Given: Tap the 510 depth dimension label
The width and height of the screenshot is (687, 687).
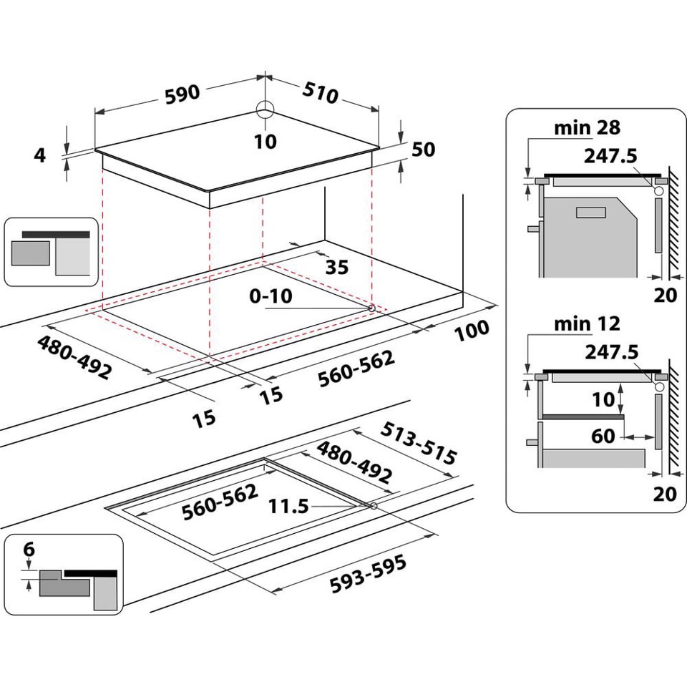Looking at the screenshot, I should pyautogui.click(x=321, y=92).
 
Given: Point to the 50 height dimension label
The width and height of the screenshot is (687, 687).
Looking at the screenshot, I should pyautogui.click(x=423, y=149).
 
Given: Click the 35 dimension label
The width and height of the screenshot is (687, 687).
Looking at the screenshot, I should pyautogui.click(x=336, y=267).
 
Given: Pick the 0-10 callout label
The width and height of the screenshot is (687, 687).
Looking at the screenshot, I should pyautogui.click(x=271, y=296).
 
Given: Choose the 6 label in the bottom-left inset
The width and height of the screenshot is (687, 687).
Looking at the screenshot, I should pyautogui.click(x=29, y=550).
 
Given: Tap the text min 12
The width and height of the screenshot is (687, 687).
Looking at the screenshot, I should pyautogui.click(x=588, y=324).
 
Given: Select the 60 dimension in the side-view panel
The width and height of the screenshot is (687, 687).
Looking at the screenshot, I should pyautogui.click(x=604, y=435).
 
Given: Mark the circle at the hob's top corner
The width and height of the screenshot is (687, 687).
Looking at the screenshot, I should pyautogui.click(x=265, y=109).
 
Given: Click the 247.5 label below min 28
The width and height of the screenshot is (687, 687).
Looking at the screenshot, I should pyautogui.click(x=610, y=155).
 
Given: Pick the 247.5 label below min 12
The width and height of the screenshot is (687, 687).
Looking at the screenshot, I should pyautogui.click(x=610, y=351).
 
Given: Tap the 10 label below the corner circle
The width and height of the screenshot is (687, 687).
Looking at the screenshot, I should pyautogui.click(x=265, y=141).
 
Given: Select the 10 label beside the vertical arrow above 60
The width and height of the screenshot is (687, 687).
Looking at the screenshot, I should pyautogui.click(x=604, y=399).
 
